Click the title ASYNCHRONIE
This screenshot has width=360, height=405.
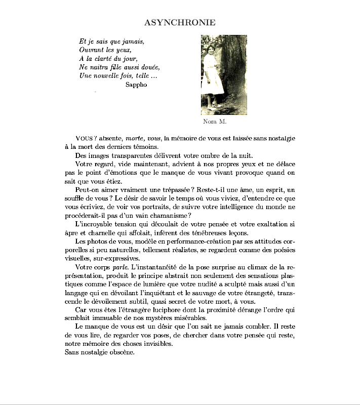180,22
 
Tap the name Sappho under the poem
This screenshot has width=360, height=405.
136,85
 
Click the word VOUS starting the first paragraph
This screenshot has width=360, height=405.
85,138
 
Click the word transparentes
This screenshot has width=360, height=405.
131,155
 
